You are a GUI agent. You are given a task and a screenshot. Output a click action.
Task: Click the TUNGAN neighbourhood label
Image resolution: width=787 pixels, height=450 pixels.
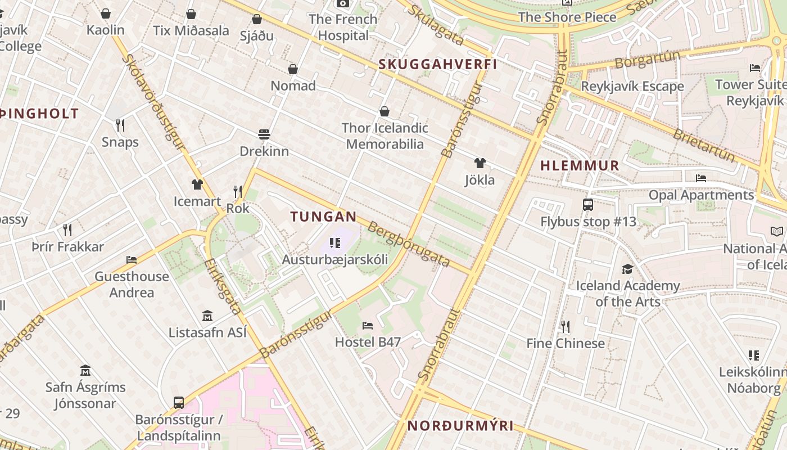coord(323,217)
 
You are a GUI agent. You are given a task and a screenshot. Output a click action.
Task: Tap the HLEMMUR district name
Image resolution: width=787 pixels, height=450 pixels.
coord(580,166)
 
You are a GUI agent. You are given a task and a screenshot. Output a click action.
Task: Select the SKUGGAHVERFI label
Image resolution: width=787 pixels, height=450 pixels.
coord(438,64)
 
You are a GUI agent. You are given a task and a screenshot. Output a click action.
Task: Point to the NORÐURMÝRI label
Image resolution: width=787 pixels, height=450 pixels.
coord(460,426)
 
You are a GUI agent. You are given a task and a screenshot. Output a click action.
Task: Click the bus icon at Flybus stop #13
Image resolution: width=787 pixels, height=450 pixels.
coord(588,205)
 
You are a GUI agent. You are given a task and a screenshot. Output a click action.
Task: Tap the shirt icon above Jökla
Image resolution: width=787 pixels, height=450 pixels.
coord(480,164)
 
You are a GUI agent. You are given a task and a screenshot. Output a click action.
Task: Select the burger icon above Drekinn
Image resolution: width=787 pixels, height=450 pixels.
coord(264,134)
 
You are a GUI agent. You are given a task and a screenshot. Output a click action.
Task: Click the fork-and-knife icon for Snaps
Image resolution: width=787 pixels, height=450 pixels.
coord(120,125)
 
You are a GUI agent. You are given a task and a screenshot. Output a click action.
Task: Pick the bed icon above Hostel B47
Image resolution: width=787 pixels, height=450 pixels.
coord(368,325)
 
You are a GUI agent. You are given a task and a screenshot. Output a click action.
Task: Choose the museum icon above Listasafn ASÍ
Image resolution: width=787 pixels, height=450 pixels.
coord(207,316)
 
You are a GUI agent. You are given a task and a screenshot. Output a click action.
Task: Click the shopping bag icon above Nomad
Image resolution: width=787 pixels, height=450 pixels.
coord(293,69)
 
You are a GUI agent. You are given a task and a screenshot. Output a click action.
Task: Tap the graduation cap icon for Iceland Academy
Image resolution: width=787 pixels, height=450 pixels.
coord(627,269)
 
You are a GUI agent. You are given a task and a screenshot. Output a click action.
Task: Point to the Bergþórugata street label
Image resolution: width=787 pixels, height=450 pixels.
coord(409,244)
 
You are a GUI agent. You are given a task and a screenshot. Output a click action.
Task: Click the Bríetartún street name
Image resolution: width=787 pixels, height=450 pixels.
coord(703,145)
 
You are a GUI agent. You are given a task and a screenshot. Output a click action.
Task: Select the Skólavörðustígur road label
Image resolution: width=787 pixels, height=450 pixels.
coord(153,102)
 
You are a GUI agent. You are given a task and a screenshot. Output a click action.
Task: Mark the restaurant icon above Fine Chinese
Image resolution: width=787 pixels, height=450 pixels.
coord(566,326)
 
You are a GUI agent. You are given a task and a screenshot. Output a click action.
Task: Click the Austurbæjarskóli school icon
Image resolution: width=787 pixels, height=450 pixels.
coord(335,243)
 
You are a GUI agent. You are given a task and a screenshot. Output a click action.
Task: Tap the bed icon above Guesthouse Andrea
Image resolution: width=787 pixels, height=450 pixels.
coord(132,259)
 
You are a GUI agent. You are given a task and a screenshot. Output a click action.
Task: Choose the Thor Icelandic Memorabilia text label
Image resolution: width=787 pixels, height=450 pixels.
coord(385,136)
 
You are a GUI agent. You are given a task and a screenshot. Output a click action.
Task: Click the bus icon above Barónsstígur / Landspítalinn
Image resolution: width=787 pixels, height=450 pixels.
coord(179,403)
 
